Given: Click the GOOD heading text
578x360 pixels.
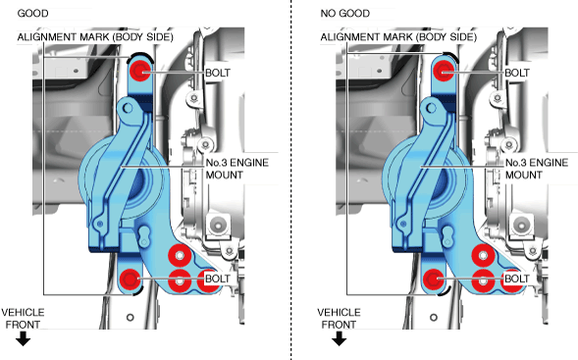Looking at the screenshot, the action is click(32, 14).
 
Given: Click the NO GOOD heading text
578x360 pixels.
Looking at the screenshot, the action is click(345, 14).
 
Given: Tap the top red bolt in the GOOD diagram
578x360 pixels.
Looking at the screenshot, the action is click(141, 71).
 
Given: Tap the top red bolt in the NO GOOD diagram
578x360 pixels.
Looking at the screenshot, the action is click(444, 71).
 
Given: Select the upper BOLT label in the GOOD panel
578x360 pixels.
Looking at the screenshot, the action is click(218, 73).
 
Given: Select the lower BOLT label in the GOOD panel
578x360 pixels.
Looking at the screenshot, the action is click(218, 279).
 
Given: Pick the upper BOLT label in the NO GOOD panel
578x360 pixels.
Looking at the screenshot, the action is click(517, 73).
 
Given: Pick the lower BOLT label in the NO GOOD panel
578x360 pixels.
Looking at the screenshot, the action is click(517, 279).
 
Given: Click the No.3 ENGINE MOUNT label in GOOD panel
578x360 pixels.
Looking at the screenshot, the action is click(237, 169).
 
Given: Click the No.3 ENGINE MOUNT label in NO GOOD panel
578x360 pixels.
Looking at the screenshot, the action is click(537, 169).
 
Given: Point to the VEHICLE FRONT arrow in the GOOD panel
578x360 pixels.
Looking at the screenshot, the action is click(23, 338).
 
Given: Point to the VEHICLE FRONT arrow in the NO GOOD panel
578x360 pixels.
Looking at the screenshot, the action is click(339, 338).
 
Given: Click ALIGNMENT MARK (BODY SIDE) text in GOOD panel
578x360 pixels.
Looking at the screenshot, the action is click(95, 37).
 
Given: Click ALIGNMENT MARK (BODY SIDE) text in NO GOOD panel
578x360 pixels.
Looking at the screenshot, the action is click(398, 37).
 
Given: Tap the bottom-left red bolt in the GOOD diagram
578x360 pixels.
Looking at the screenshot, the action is click(130, 280).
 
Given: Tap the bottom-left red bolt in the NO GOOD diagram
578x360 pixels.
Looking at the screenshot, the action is click(433, 280).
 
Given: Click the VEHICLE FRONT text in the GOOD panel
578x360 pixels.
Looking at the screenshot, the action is click(23, 319).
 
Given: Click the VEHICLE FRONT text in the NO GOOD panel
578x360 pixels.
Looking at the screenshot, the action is click(339, 319).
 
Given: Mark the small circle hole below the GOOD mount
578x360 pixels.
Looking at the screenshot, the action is click(131, 317).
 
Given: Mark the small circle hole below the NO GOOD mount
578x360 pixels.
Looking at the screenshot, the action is click(434, 317).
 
